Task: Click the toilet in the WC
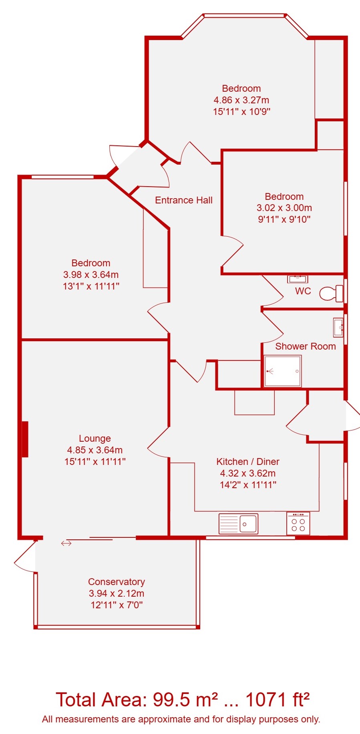331,293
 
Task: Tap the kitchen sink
238,523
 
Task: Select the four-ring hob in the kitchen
298,523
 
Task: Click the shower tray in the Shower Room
283,371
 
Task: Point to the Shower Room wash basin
338,327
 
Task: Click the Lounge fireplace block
25,439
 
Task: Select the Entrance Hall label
184,200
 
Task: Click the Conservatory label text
117,582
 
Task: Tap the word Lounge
95,438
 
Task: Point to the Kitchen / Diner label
248,462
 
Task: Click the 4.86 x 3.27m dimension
241,100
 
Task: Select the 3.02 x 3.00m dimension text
284,208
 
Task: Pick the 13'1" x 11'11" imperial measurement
91,286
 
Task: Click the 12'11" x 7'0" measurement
117,605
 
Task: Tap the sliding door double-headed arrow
66,543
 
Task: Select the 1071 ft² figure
277,700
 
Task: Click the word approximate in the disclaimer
163,720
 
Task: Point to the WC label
303,291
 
